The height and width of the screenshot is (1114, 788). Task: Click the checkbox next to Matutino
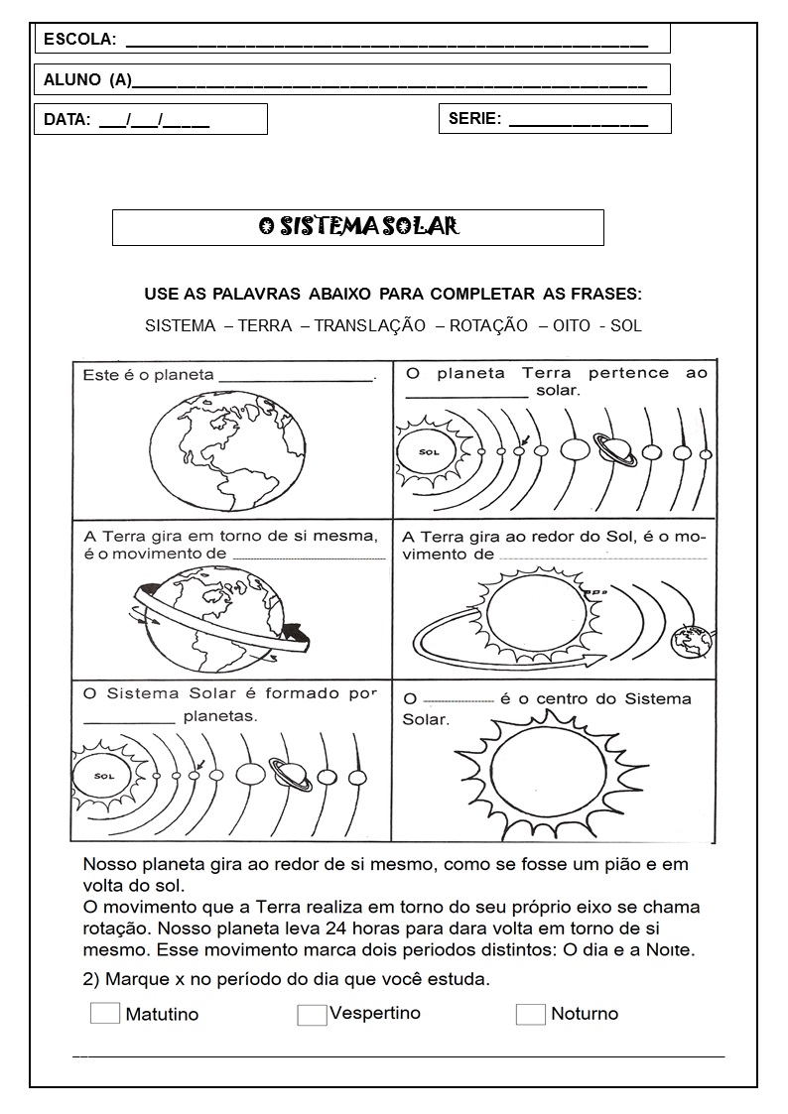[104, 1013]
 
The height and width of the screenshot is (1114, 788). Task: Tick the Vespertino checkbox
[312, 1014]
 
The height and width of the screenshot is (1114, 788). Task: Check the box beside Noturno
[530, 1014]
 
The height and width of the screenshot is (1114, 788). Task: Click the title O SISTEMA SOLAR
[358, 227]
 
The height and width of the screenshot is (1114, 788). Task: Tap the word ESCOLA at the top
[79, 40]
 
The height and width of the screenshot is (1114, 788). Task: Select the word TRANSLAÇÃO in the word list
[370, 325]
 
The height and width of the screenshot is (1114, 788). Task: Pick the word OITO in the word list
[571, 325]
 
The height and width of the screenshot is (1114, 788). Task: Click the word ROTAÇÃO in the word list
[488, 325]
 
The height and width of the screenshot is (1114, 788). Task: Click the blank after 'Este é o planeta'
[296, 377]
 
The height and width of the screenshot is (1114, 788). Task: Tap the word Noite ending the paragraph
[671, 950]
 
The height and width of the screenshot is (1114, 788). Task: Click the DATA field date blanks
[154, 120]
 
